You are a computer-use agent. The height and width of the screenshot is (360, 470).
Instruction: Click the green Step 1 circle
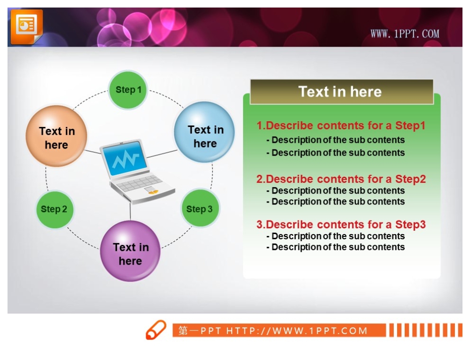click(128, 90)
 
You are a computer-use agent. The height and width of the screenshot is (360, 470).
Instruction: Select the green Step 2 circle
click(54, 209)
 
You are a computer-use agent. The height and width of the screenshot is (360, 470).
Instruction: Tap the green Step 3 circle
click(200, 208)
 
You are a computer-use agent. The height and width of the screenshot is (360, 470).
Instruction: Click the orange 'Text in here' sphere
click(56, 136)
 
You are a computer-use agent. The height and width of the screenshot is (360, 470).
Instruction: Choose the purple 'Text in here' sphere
click(130, 251)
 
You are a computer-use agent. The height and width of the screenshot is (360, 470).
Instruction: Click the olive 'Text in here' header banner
click(342, 92)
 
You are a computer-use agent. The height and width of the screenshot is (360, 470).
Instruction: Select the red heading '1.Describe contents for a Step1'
click(341, 125)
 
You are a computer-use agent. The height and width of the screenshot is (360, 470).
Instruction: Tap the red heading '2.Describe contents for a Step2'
click(341, 179)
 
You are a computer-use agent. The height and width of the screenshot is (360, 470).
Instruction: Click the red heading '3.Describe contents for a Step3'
click(341, 225)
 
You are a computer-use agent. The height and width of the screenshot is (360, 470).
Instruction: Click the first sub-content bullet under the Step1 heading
click(336, 140)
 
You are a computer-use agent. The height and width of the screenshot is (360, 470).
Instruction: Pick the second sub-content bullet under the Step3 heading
click(336, 247)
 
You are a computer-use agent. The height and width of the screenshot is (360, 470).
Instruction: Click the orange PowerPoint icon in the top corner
click(27, 26)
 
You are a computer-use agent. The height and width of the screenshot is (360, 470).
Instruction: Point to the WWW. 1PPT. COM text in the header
click(405, 33)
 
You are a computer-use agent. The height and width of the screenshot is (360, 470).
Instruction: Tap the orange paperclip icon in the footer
click(156, 330)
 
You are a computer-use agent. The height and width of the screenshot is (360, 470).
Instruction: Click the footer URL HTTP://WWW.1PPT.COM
click(297, 331)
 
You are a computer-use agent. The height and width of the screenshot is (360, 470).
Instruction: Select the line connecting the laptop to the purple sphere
click(130, 211)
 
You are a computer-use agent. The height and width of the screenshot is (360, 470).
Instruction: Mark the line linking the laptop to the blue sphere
click(162, 154)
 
